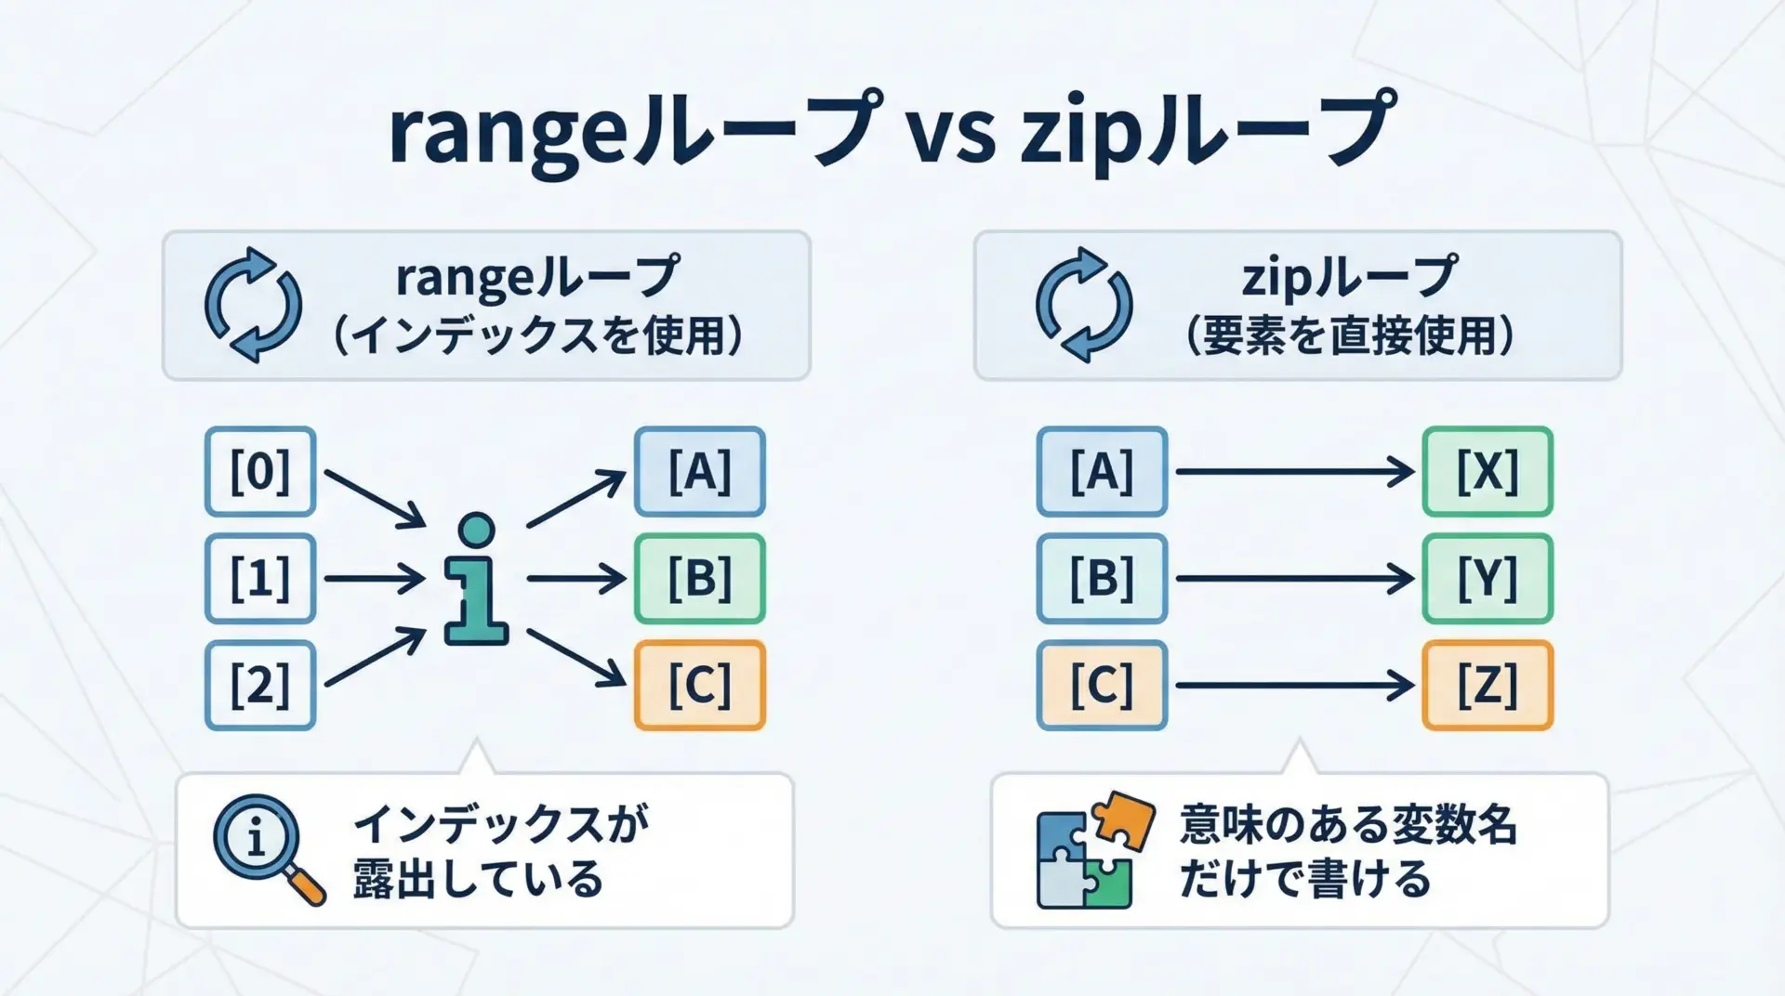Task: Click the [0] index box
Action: (260, 471)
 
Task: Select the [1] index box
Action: (260, 578)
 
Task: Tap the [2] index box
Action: (260, 685)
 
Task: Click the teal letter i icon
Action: (476, 580)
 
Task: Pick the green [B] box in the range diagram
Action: (699, 578)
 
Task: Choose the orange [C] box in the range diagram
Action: (699, 685)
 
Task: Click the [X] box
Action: (1487, 471)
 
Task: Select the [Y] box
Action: (1487, 578)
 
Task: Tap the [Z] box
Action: (1487, 685)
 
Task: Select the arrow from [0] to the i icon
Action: (374, 498)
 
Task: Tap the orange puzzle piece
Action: (1122, 820)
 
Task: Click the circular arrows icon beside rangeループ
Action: (253, 305)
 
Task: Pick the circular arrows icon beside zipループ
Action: (1084, 305)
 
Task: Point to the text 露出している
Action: (478, 879)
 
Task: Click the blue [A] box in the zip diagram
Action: (1102, 471)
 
